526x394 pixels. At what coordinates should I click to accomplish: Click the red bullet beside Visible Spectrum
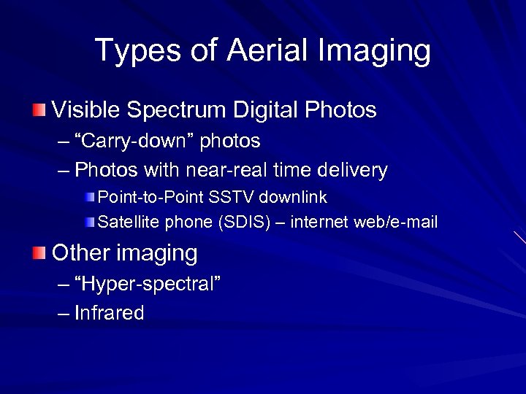pyautogui.click(x=38, y=110)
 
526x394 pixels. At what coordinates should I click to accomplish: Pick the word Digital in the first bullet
pyautogui.click(x=264, y=110)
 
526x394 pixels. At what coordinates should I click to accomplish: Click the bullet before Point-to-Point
pyautogui.click(x=88, y=198)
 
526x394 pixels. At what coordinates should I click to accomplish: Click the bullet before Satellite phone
pyautogui.click(x=88, y=222)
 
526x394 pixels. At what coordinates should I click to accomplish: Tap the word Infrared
pyautogui.click(x=110, y=314)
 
